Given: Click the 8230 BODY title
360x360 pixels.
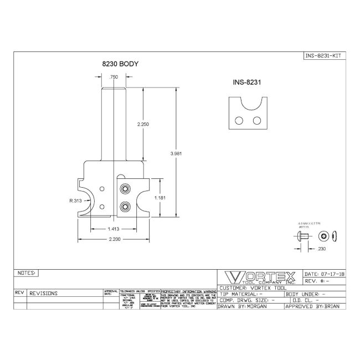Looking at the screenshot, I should tap(119, 65).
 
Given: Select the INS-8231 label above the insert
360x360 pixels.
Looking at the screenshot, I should tap(246, 82).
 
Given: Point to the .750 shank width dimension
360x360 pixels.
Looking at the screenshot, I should tap(114, 77).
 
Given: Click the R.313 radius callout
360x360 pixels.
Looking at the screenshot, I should tap(77, 201).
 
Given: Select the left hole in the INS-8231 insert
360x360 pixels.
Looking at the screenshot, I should tap(238, 120).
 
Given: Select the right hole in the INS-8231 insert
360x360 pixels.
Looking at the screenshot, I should tap(256, 120).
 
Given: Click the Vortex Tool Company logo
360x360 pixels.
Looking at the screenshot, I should tap(259, 277).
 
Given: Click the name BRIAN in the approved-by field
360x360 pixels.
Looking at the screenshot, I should tap(333, 306).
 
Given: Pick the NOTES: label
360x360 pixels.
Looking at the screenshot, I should tap(27, 273).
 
